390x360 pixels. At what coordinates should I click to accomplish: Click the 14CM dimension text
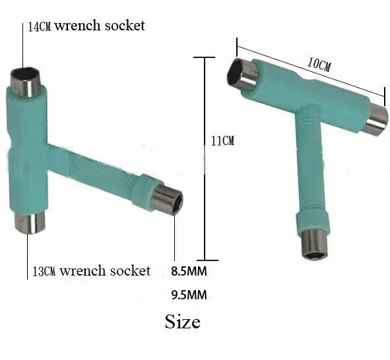click(39, 27)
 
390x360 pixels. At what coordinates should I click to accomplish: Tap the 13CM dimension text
click(44, 271)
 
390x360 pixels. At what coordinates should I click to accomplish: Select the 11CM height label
click(222, 141)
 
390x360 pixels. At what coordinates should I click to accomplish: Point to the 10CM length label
click(319, 65)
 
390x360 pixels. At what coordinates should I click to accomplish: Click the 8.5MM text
click(189, 271)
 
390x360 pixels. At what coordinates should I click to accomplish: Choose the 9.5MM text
click(189, 295)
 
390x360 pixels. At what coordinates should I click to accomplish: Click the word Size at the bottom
click(183, 322)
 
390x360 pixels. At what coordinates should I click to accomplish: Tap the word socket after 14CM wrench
click(124, 26)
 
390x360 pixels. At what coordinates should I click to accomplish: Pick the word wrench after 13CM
click(83, 271)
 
